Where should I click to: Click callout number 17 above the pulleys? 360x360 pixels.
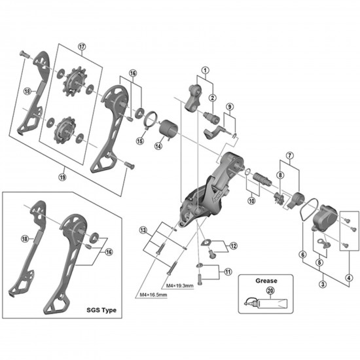tap(82, 46)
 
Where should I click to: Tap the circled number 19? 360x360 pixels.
tap(62, 176)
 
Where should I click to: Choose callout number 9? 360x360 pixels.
tap(230, 107)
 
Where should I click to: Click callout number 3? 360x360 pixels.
tap(323, 283)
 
